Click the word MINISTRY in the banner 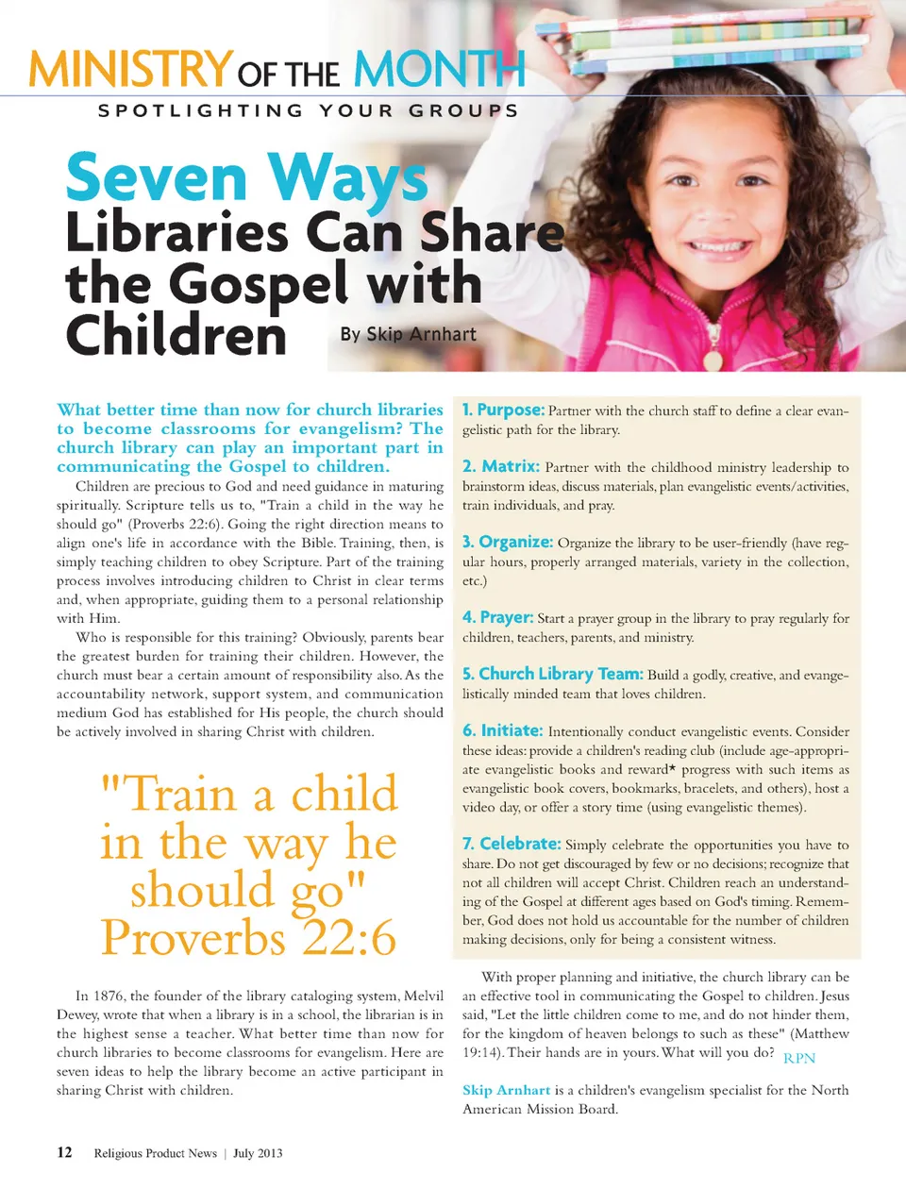130,69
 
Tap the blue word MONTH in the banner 439,69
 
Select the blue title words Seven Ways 246,179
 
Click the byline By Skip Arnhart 408,334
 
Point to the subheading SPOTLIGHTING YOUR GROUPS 309,110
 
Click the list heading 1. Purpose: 503,410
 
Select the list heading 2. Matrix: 501,466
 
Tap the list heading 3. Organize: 508,542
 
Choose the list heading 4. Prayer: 498,617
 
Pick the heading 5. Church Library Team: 552,674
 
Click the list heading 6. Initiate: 503,730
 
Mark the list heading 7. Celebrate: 512,844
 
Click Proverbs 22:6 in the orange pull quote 249,938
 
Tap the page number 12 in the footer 64,1152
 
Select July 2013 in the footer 258,1153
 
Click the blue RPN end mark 799,1059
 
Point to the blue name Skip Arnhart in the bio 506,1090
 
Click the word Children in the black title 176,335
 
